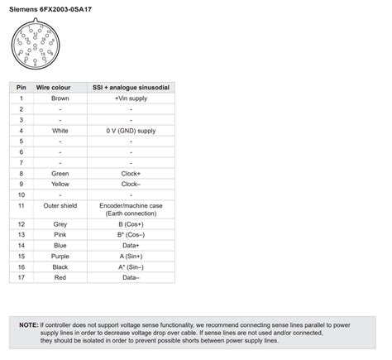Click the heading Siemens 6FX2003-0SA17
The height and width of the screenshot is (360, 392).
50,9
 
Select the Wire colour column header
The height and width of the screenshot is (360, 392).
60,87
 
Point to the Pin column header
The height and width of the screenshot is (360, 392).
22,87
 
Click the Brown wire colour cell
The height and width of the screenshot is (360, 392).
60,98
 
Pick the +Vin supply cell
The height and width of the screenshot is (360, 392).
131,98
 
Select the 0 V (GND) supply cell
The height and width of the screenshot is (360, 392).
131,130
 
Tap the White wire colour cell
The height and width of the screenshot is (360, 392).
60,130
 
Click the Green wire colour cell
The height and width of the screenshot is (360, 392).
60,173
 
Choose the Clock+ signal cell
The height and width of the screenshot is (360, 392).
131,173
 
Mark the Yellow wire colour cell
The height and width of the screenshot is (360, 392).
60,184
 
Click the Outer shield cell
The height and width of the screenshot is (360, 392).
60,204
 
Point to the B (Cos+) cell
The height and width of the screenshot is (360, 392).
131,224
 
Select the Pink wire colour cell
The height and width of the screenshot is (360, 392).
60,235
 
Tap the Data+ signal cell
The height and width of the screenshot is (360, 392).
131,246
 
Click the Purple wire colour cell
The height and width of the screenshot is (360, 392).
60,257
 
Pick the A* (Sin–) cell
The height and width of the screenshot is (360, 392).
131,267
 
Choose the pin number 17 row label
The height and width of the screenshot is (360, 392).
22,278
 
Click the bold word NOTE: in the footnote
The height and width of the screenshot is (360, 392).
29,325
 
